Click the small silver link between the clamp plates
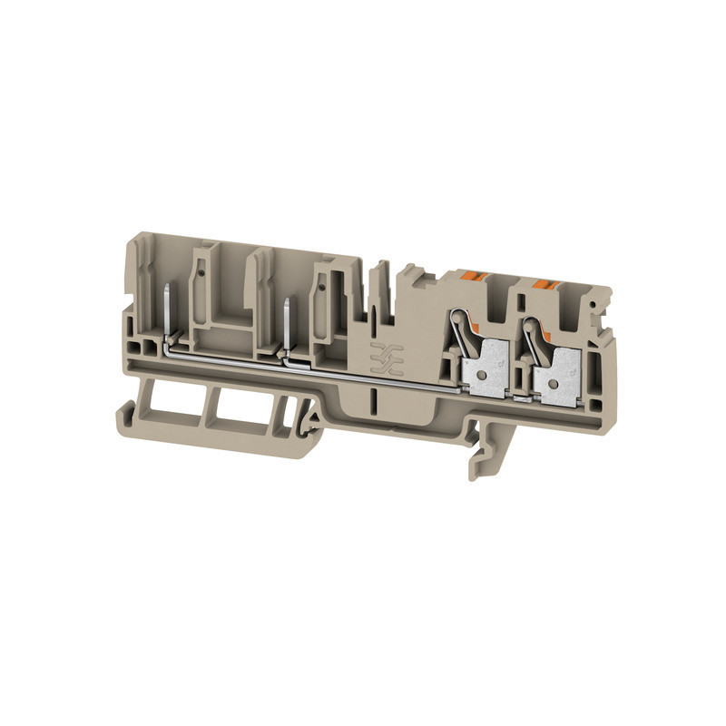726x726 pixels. tap(521, 397)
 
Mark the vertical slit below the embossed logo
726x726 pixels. tap(373, 399)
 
